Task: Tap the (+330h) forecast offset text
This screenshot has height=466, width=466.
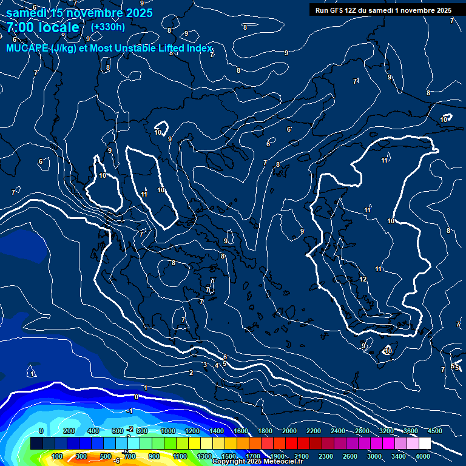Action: (108, 27)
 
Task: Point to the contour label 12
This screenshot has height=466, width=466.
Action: (363, 279)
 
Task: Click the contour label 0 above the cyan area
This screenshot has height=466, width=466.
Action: (137, 397)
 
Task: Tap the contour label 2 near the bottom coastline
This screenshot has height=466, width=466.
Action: (191, 373)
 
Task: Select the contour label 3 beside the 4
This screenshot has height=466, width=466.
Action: (205, 365)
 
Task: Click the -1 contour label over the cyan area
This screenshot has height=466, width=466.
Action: (129, 411)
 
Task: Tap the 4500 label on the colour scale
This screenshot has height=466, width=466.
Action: (435, 431)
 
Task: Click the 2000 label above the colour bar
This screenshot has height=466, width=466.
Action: (289, 431)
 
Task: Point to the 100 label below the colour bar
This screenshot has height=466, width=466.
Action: (58, 456)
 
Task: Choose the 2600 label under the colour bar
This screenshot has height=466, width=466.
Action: (350, 456)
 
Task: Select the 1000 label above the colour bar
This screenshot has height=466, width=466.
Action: (167, 431)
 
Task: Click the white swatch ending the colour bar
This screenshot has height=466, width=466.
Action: (425, 444)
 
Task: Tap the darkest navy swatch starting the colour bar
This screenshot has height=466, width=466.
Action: (36, 444)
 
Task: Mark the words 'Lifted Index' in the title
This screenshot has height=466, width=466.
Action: (182, 49)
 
